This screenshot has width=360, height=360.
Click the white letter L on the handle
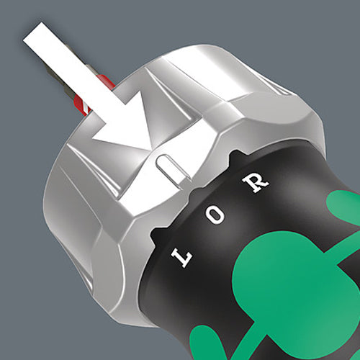[181, 258]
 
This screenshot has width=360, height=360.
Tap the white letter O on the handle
[215, 215]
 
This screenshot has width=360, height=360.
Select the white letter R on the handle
[255, 181]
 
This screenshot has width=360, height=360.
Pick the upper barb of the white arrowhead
[141, 91]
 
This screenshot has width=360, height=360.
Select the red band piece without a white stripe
[105, 81]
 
